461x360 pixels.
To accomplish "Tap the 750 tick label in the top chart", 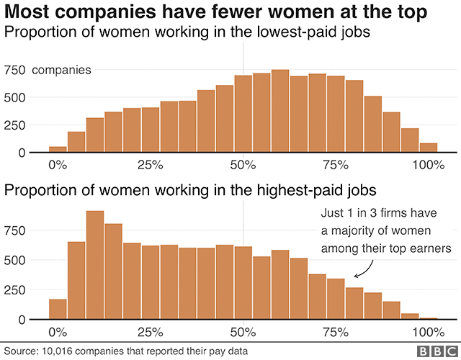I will tap(16, 70).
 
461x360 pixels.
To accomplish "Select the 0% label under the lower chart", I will tap(58, 332).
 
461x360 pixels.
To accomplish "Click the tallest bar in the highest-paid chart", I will tap(95, 265).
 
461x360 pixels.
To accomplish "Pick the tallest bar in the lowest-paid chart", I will tap(280, 111).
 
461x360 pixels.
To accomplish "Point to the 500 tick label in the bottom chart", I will tap(16, 259).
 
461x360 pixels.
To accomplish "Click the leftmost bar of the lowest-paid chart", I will tap(58, 149).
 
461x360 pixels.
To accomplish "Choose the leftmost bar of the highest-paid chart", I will tap(58, 309).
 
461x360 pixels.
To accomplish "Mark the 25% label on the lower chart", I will tap(150, 332).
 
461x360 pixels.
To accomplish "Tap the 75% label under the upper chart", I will tap(336, 165).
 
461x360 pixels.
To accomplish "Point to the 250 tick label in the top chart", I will tap(16, 125).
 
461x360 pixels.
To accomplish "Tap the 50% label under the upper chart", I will tap(243, 165).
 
